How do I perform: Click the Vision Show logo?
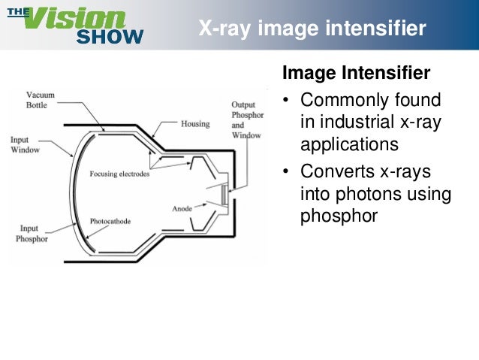click(x=75, y=24)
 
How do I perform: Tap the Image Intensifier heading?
click(x=356, y=74)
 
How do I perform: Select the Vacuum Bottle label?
click(x=37, y=100)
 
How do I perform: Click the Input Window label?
click(x=25, y=144)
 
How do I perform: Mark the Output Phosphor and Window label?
click(x=246, y=119)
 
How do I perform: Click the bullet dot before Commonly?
click(x=286, y=100)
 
